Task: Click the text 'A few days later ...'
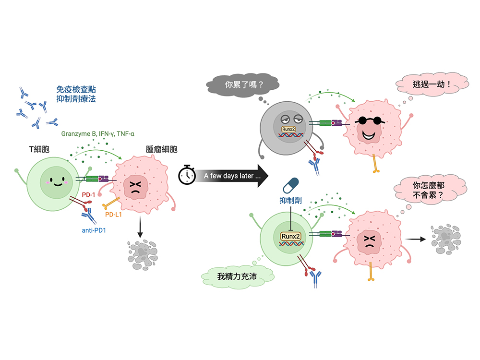[x=232, y=176]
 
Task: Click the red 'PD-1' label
[x=89, y=195]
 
